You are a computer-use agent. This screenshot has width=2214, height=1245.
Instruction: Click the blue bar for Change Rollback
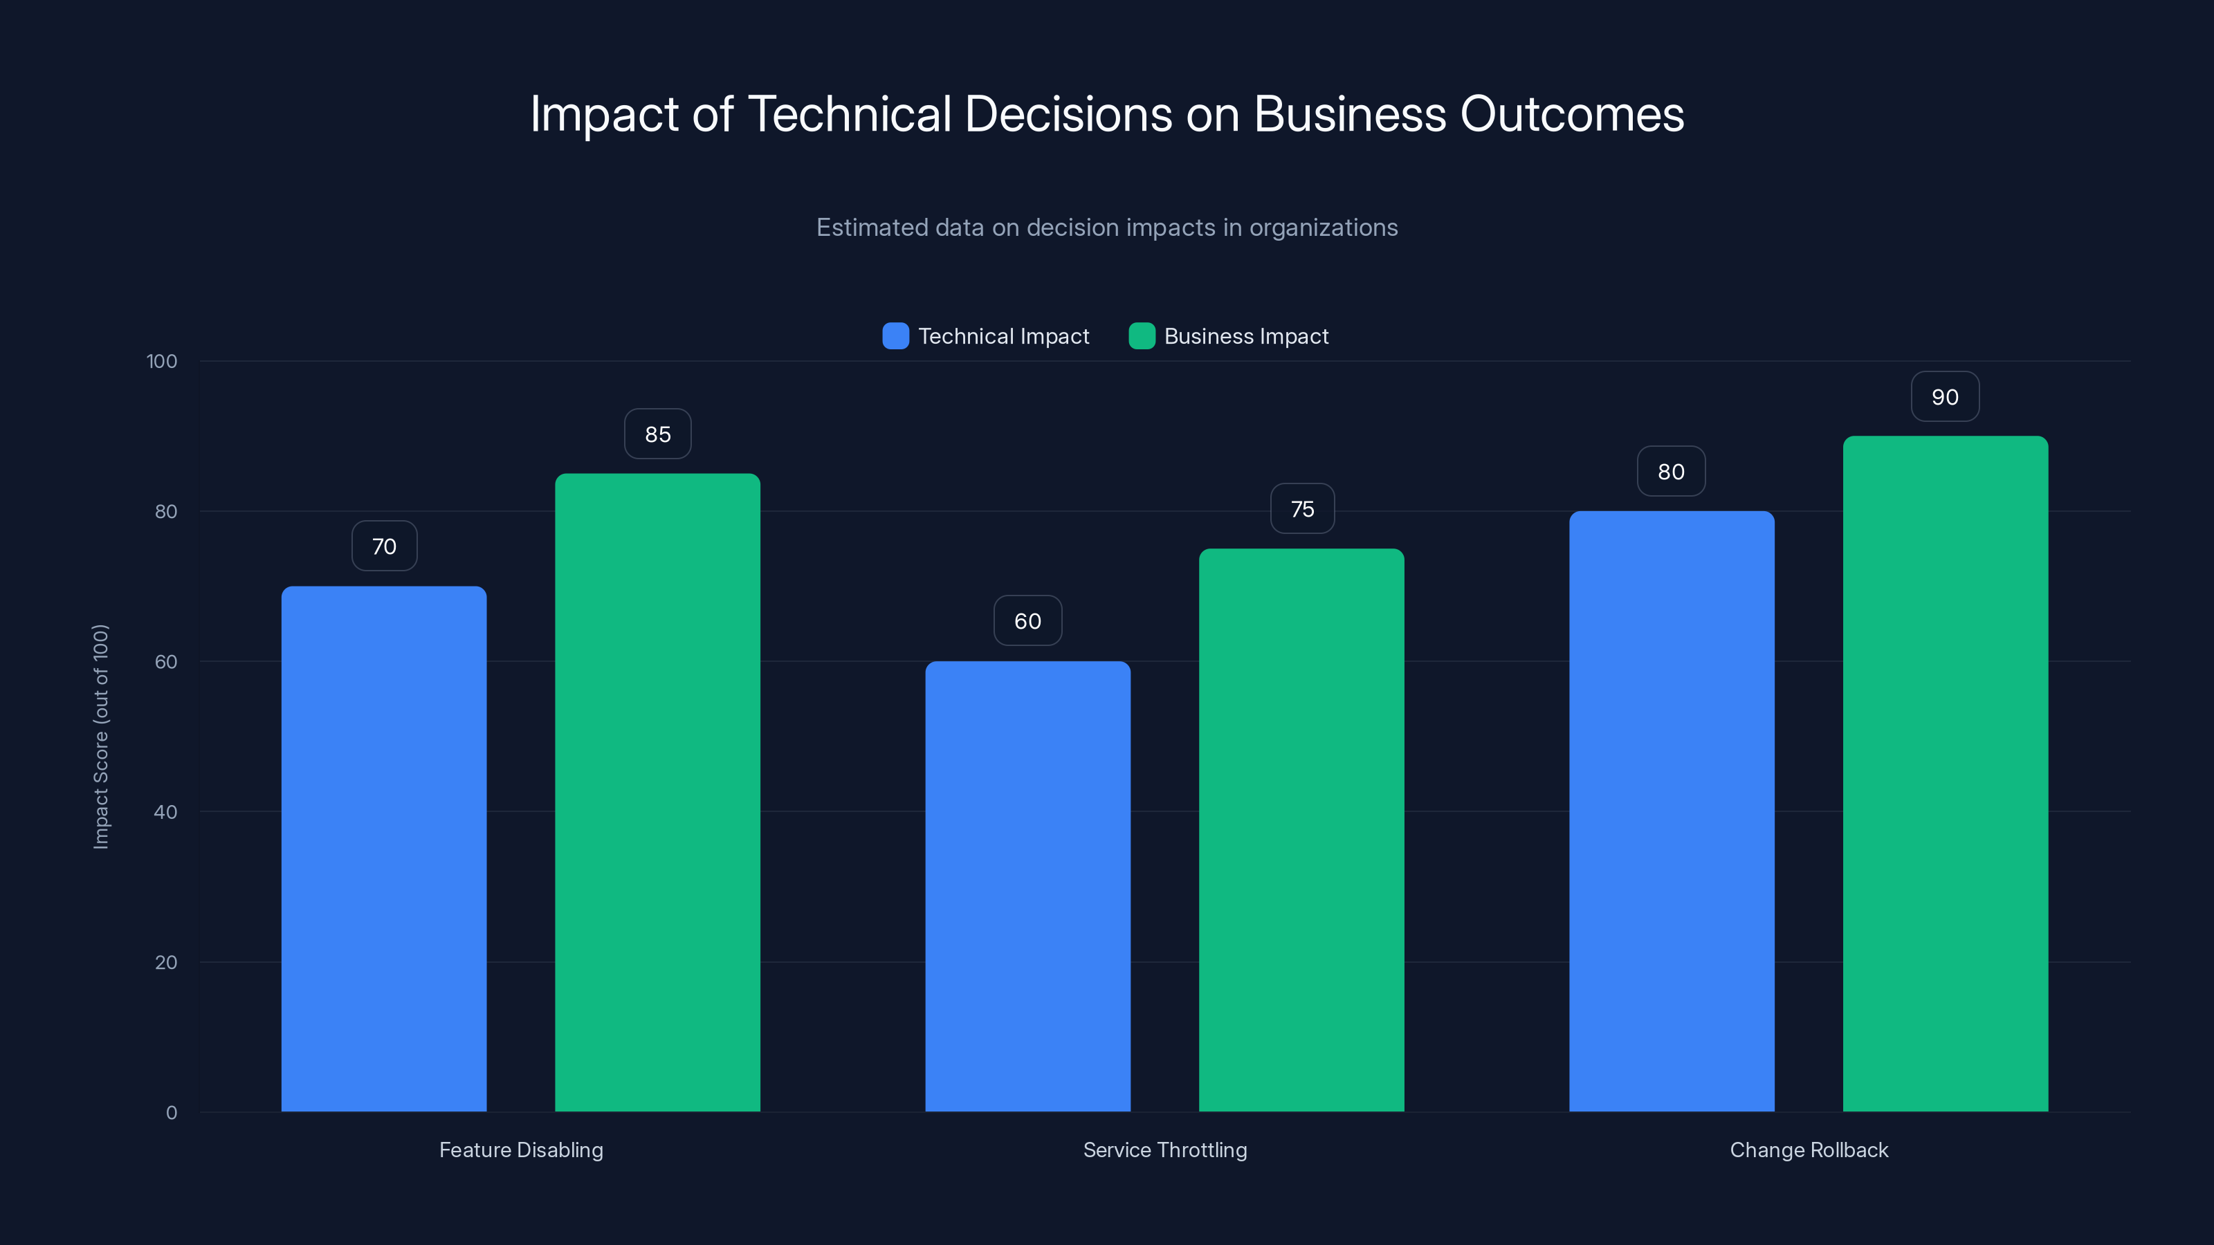point(1671,811)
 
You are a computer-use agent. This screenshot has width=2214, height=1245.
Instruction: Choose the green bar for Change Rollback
point(1945,773)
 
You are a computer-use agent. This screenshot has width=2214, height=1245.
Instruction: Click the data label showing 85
point(657,434)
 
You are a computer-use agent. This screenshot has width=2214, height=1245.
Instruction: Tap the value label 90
point(1945,397)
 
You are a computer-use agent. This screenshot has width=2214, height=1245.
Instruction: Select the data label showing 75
point(1302,508)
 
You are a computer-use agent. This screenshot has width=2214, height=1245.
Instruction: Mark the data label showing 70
point(384,546)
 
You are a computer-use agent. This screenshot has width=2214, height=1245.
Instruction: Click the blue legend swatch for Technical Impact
point(895,336)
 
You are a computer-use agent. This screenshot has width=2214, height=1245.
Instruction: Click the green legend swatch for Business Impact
point(1142,336)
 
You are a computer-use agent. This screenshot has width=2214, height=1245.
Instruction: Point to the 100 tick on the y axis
point(162,361)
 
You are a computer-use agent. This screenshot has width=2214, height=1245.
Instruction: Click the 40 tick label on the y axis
point(165,812)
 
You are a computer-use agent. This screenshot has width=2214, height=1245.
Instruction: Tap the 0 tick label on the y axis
point(171,1113)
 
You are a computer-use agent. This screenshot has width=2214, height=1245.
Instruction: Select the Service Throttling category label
point(1164,1150)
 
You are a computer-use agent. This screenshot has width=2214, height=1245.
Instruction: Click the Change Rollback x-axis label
point(1809,1150)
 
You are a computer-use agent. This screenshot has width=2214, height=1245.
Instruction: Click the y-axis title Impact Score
point(100,737)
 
